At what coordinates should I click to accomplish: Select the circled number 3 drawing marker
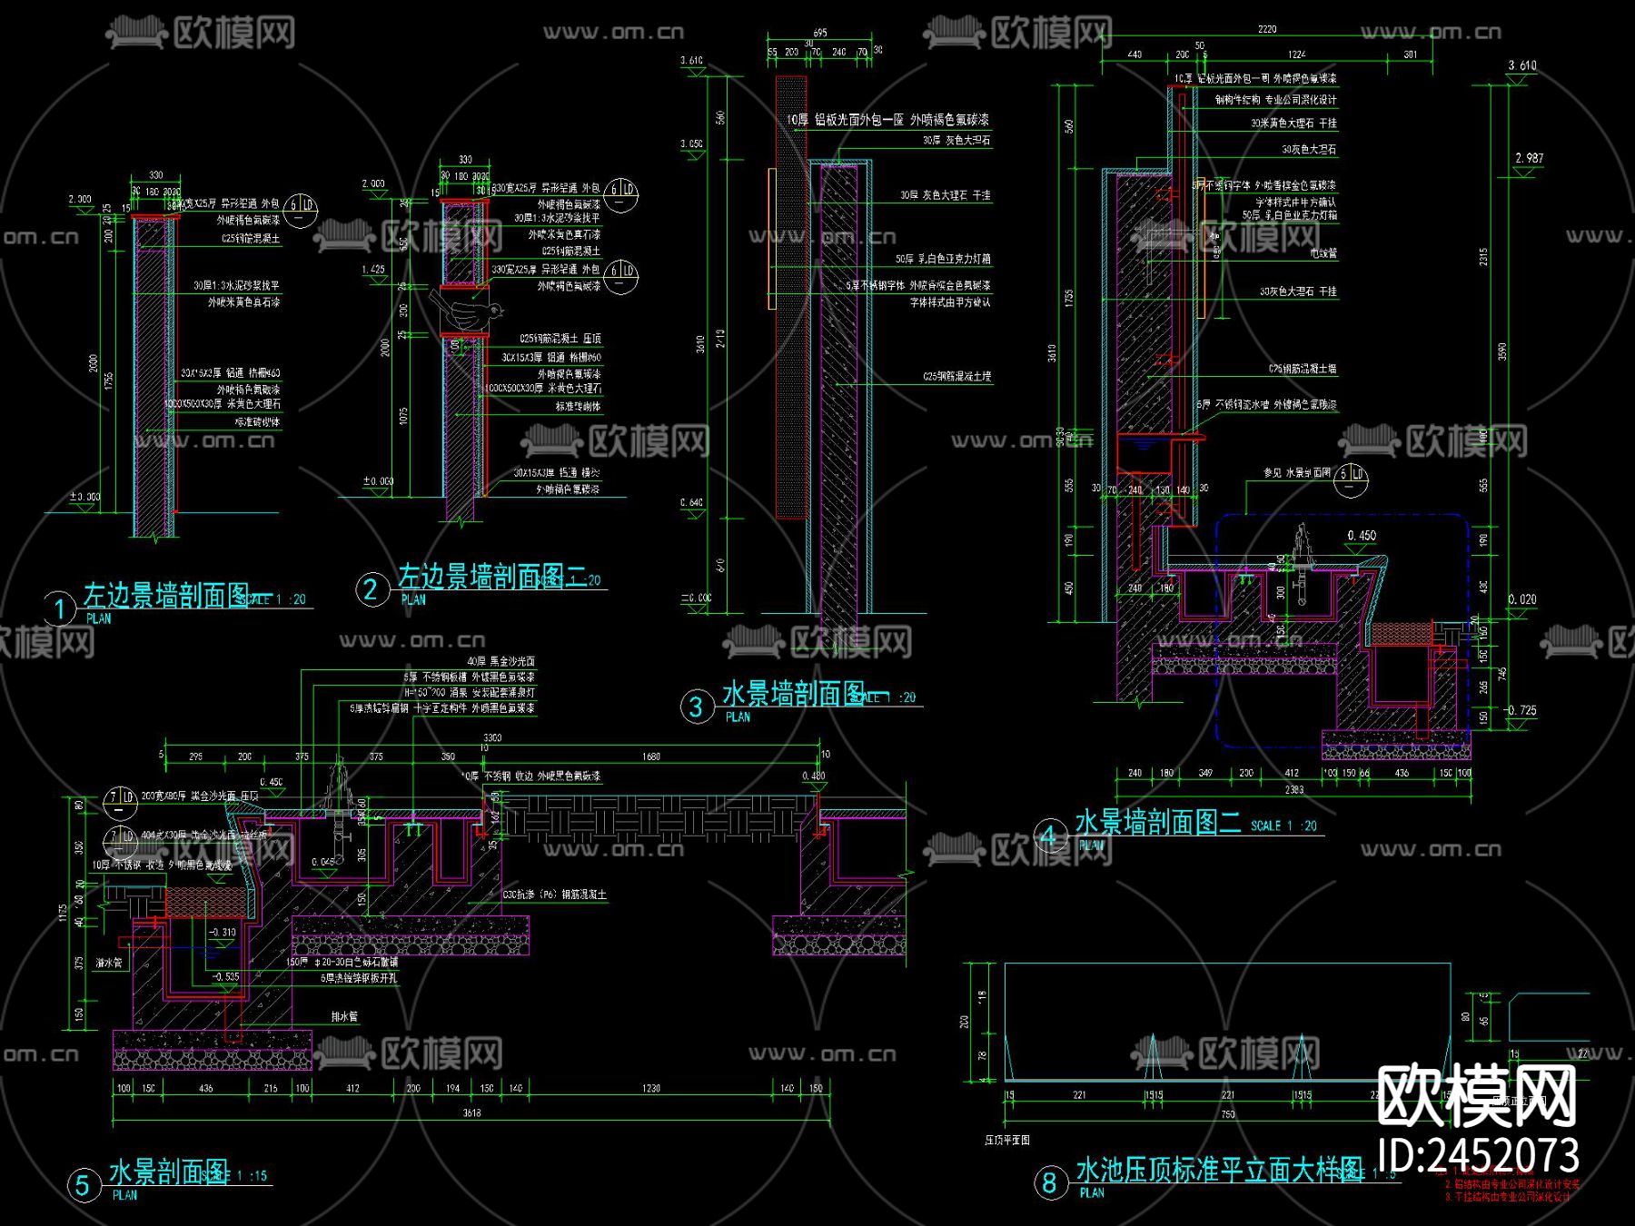pyautogui.click(x=697, y=707)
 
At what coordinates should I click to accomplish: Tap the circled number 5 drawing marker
pyautogui.click(x=83, y=1184)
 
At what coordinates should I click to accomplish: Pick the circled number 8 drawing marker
pyautogui.click(x=1050, y=1182)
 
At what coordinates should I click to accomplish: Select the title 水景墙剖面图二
pyautogui.click(x=1157, y=823)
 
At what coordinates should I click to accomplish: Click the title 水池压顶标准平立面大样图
pyautogui.click(x=1219, y=1170)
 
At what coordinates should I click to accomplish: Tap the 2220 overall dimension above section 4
pyautogui.click(x=1266, y=30)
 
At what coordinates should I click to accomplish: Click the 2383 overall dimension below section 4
pyautogui.click(x=1293, y=789)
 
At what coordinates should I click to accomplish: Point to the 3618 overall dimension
pyautogui.click(x=471, y=1112)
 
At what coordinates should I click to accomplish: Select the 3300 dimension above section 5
pyautogui.click(x=491, y=737)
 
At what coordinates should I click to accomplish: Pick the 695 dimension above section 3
pyautogui.click(x=819, y=33)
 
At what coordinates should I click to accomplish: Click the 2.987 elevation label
pyautogui.click(x=1529, y=158)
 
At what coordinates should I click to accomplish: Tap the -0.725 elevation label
pyautogui.click(x=1521, y=710)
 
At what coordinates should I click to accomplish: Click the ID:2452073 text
pyautogui.click(x=1479, y=1156)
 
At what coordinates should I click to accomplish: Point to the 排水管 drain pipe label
pyautogui.click(x=344, y=1016)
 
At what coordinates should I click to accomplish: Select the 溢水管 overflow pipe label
pyautogui.click(x=109, y=963)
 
